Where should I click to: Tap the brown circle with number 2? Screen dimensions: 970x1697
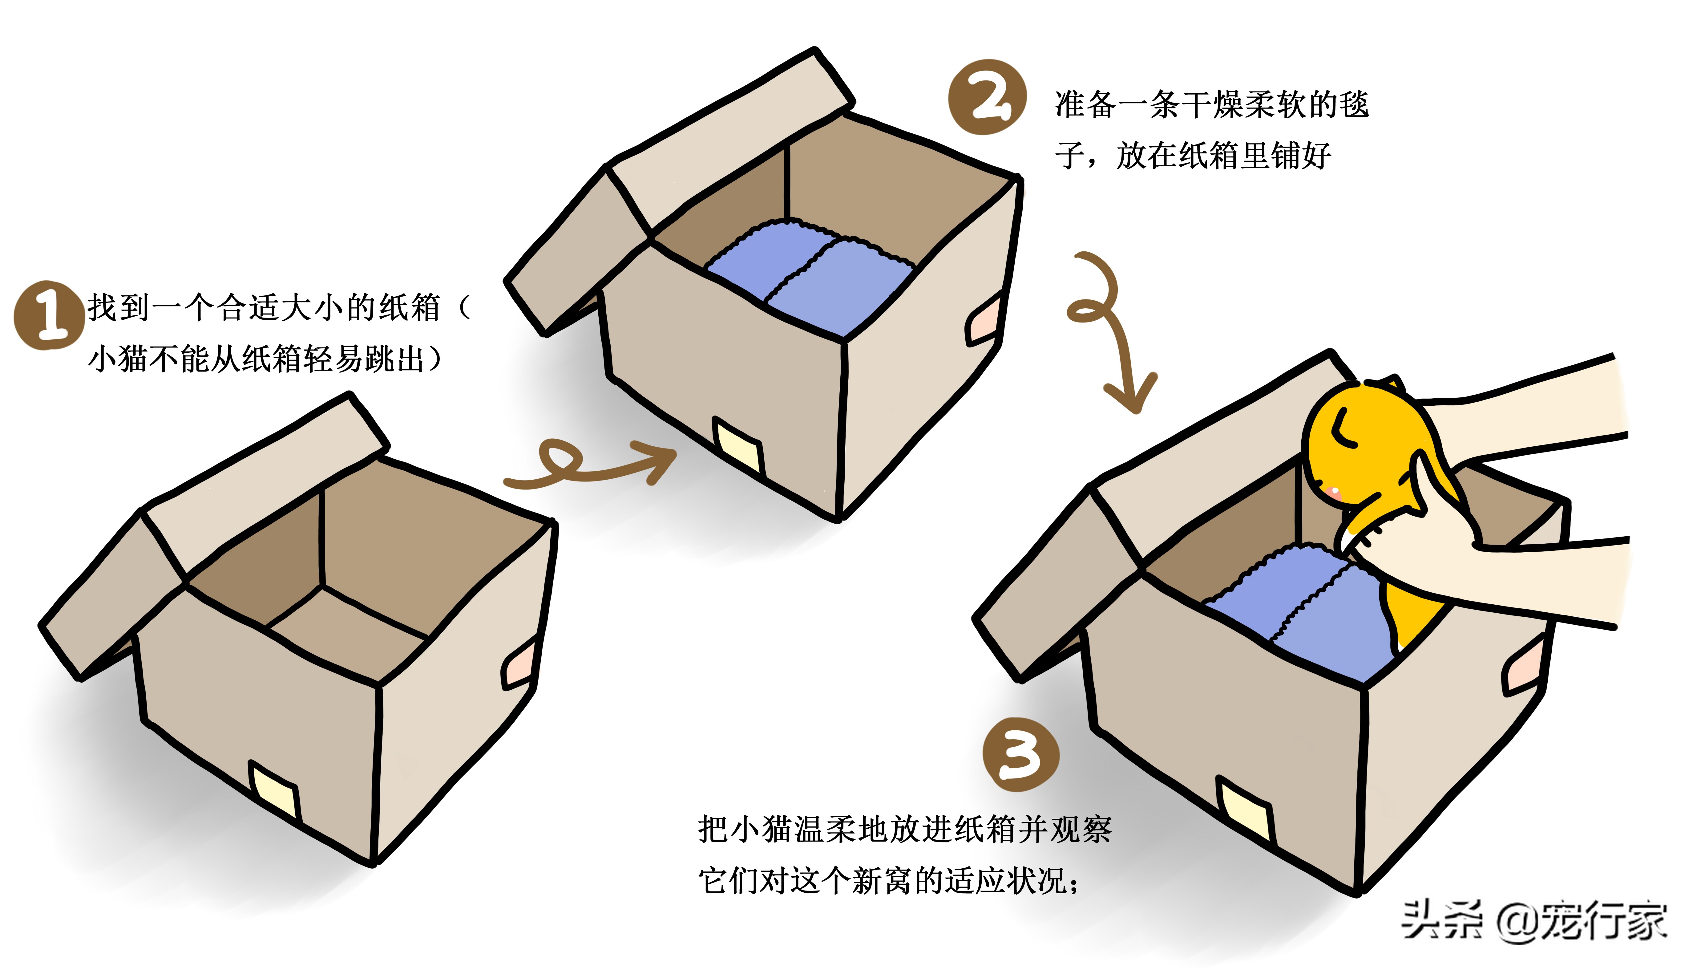tap(987, 97)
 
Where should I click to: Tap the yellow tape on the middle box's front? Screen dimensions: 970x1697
tap(738, 445)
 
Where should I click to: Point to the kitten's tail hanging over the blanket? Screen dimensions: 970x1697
tap(1408, 613)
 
